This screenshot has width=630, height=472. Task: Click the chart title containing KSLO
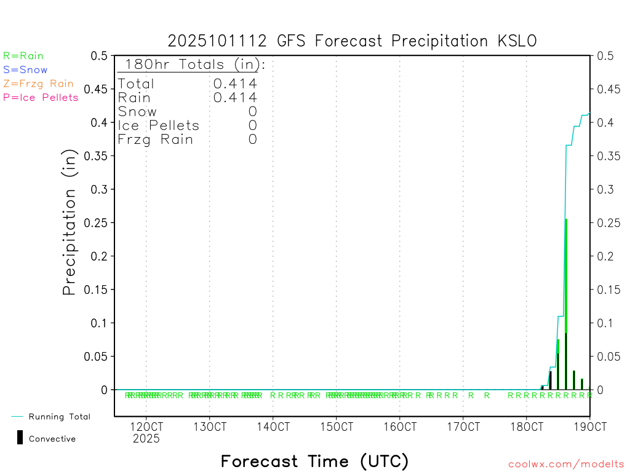tap(352, 41)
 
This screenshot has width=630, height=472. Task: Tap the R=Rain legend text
tap(23, 56)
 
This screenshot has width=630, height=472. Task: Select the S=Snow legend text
tap(25, 70)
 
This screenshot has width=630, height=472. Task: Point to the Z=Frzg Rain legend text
tap(38, 84)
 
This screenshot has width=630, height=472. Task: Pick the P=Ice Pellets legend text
tap(41, 97)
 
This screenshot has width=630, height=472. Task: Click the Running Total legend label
tap(59, 417)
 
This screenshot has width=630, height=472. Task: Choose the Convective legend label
tap(52, 439)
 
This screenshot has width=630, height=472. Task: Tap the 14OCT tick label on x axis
tap(273, 427)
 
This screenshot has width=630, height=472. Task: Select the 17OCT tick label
tap(463, 427)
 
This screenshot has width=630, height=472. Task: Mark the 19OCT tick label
tap(590, 427)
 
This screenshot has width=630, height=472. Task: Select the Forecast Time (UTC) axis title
tap(314, 461)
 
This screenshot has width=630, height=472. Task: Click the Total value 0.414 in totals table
tap(235, 84)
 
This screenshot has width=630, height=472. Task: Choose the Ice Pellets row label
tap(158, 125)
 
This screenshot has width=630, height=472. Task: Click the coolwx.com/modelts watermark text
tap(566, 465)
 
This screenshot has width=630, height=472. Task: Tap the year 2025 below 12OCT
tap(146, 438)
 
